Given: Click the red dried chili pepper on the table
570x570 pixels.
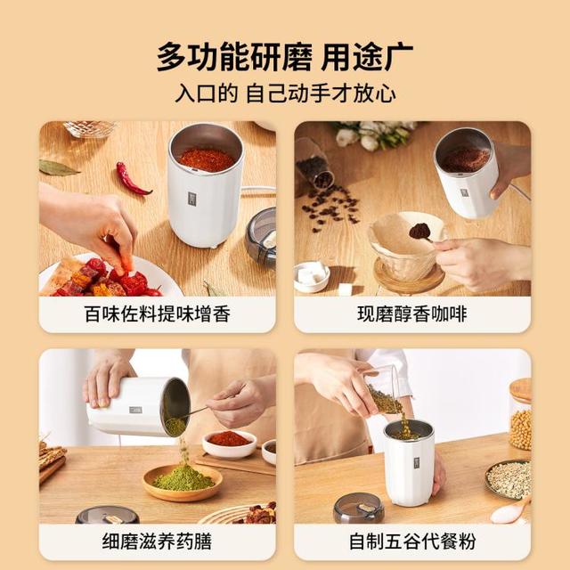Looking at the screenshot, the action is pos(133,179).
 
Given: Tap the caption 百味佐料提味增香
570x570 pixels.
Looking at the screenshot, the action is pos(158,314).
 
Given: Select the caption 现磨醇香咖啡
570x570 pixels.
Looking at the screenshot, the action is pos(411,314).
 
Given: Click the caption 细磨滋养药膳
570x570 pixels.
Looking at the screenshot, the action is pos(157,541).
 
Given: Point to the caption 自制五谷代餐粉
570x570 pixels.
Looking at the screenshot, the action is pos(412,541).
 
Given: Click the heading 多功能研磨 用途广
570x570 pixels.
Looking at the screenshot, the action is pos(285,57).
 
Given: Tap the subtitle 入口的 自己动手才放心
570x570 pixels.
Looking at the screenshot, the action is pos(285,94).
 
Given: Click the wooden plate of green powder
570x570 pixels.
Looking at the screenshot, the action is pos(183,483).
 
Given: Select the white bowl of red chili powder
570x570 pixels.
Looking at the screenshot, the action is pos(229,443).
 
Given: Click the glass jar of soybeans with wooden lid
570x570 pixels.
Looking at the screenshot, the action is pos(521,413).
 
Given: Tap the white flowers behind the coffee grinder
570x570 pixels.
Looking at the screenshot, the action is pos(370,134).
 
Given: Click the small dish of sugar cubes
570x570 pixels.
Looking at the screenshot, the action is pos(312,277).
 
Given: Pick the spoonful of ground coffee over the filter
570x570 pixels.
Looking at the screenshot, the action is pos(420,232).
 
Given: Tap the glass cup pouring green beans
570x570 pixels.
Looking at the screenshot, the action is pos(384,392).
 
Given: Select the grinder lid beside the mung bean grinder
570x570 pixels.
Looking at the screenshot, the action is pos(358,508).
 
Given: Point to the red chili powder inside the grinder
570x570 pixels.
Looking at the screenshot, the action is pos(207,159).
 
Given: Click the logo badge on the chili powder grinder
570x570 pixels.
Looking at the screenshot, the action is pos(192,199).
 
